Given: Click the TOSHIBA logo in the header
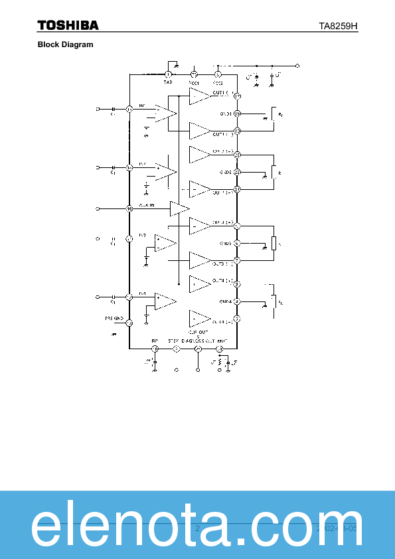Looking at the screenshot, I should pyautogui.click(x=68, y=25).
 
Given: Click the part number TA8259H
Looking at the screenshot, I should pyautogui.click(x=339, y=26).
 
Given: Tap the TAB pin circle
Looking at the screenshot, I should pyautogui.click(x=168, y=74).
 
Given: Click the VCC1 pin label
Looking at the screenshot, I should pyautogui.click(x=194, y=82).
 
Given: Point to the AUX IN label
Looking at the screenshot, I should pyautogui.click(x=147, y=205).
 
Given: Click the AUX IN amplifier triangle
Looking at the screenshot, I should pyautogui.click(x=179, y=208).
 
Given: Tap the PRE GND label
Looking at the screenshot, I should pyautogui.click(x=114, y=319).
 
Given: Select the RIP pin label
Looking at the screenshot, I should pyautogui.click(x=155, y=341).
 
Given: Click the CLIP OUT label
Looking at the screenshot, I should pyautogui.click(x=198, y=331).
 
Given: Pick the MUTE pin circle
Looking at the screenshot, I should pyautogui.click(x=220, y=349).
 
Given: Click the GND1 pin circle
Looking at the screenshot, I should pyautogui.click(x=237, y=114).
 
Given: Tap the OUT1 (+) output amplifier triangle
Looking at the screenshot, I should pyautogui.click(x=198, y=97).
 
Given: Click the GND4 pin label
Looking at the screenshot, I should pyautogui.click(x=225, y=301).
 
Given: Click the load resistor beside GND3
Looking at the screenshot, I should pyautogui.click(x=273, y=244).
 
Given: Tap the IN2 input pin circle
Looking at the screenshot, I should pyautogui.click(x=130, y=167).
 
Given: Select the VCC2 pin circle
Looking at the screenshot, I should pyautogui.click(x=216, y=74).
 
